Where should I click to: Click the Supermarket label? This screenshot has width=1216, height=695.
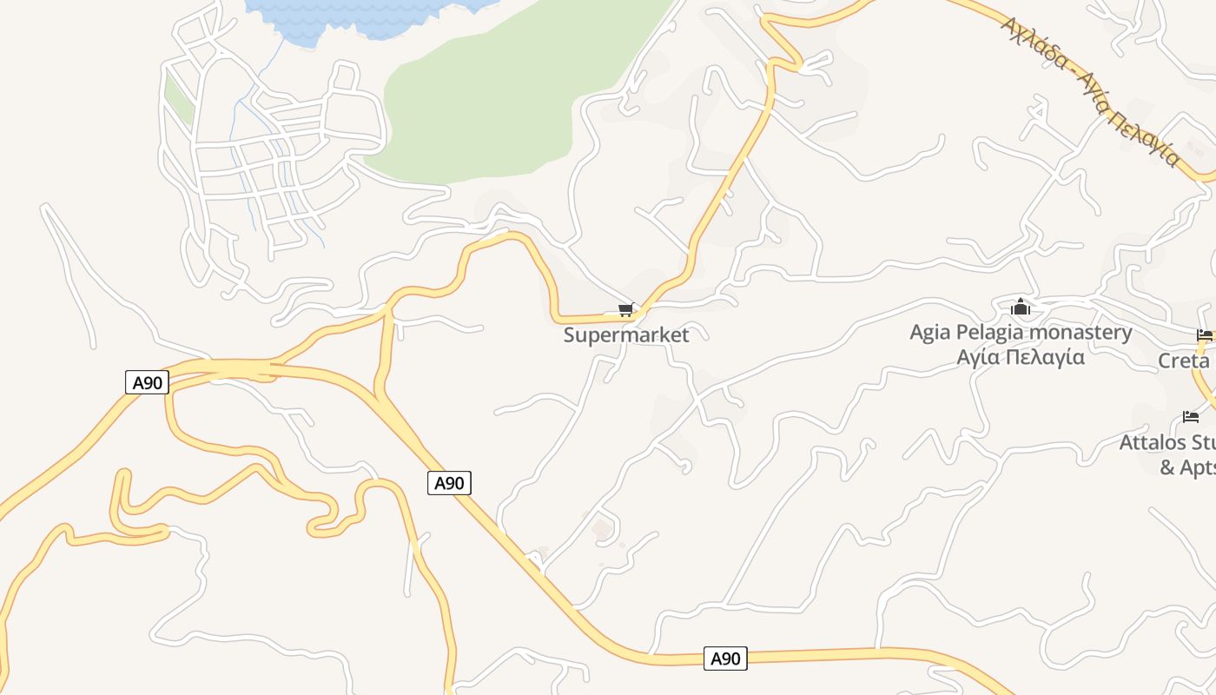[626, 335]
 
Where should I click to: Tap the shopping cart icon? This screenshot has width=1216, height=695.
[625, 310]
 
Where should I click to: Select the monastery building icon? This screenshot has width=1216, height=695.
[1021, 307]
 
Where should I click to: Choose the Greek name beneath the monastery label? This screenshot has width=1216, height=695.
[1021, 356]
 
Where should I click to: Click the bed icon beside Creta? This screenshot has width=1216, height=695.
[1204, 334]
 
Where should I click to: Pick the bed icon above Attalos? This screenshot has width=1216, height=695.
[1191, 417]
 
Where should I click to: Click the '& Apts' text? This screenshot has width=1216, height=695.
[1187, 467]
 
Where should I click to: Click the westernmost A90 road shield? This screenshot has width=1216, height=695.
[147, 382]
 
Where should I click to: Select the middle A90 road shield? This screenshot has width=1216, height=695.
[449, 483]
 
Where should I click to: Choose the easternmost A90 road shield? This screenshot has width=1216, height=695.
[725, 659]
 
